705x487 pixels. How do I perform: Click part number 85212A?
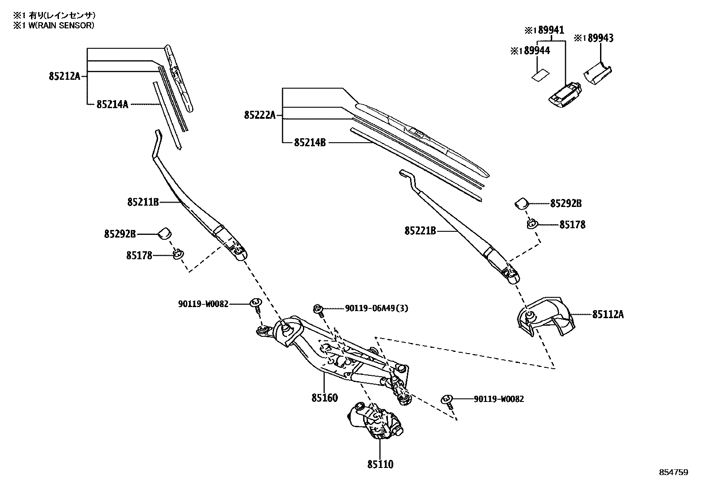[64, 77]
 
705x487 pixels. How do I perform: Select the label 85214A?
[112, 105]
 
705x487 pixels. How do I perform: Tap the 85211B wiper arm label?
[143, 203]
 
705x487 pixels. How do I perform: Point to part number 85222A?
[260, 115]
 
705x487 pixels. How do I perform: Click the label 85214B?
[310, 143]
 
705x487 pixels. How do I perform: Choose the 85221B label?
[420, 231]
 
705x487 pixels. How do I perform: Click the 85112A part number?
[608, 314]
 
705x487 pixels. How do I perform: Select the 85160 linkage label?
[324, 397]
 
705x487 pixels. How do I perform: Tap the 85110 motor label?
[380, 464]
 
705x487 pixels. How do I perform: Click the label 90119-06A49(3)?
[376, 308]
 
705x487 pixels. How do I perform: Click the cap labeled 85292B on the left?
[165, 233]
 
